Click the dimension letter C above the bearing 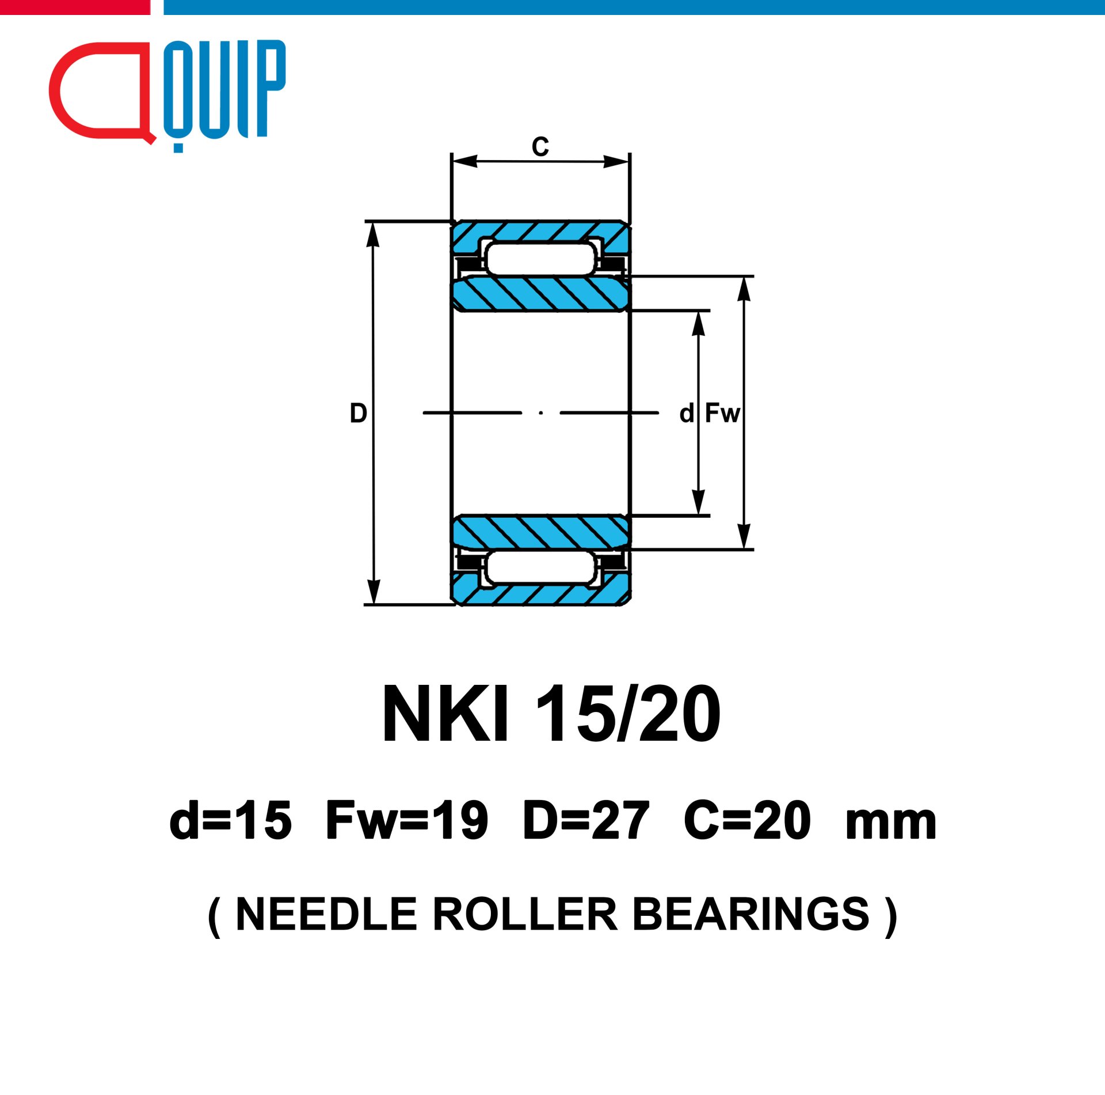(540, 146)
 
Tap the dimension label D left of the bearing (359, 413)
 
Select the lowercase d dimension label (687, 413)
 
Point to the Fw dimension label (723, 413)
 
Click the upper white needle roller (540, 258)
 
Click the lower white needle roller (540, 567)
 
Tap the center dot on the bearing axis (541, 412)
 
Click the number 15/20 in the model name (628, 714)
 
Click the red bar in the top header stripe (75, 7)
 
